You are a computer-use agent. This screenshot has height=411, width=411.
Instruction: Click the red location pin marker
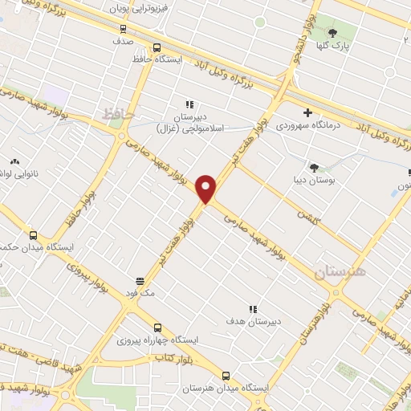tap(206, 188)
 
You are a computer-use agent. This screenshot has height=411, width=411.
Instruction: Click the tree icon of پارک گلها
tap(332, 32)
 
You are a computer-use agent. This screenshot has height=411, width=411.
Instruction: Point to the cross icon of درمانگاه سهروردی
tap(307, 112)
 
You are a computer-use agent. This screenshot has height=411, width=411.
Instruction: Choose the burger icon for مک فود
tap(140, 280)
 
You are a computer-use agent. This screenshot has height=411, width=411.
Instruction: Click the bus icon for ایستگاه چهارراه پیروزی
tap(157, 328)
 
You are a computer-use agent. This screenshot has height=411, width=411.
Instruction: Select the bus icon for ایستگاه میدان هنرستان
tap(226, 375)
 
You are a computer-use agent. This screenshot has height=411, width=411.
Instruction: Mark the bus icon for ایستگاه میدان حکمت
tap(33, 235)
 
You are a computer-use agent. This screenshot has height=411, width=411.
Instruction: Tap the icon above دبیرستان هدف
tap(253, 308)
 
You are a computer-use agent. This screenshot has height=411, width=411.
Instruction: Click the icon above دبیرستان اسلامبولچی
tap(189, 104)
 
